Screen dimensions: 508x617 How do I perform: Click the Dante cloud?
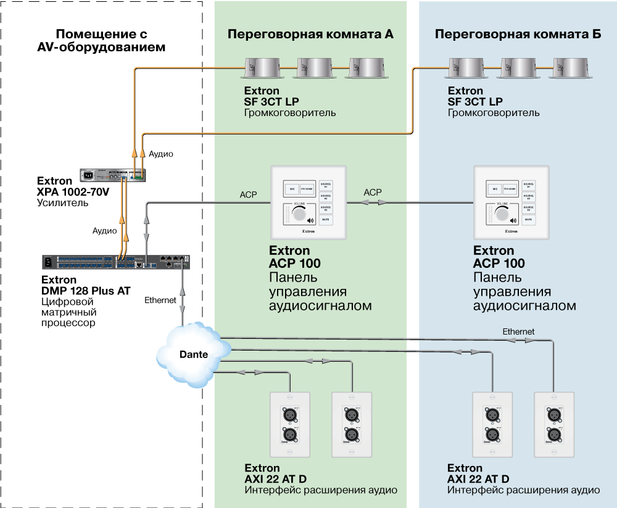192,354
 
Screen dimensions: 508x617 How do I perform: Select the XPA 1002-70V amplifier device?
113,175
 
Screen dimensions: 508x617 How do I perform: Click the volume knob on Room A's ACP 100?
300,214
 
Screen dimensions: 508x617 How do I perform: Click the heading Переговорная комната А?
310,34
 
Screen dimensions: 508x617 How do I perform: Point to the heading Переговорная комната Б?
518,34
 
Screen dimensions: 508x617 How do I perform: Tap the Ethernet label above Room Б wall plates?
518,331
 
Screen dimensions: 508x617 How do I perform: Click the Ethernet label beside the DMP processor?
160,300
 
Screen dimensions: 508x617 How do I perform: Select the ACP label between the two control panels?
373,193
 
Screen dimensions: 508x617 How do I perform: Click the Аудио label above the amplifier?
161,153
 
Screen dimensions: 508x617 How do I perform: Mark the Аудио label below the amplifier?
105,230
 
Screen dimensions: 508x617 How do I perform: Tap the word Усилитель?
64,202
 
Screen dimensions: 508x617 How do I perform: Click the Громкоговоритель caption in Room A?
291,113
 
